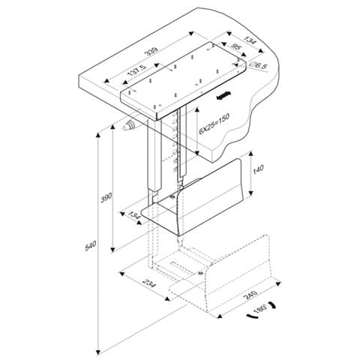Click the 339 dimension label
pyautogui.click(x=153, y=51)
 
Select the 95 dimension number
pyautogui.click(x=235, y=46)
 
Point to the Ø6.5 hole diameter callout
pyautogui.click(x=258, y=66)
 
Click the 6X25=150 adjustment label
pyautogui.click(x=214, y=124)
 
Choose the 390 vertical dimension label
pyautogui.click(x=106, y=198)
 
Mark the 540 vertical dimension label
pyautogui.click(x=91, y=245)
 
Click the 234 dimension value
pyautogui.click(x=148, y=283)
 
